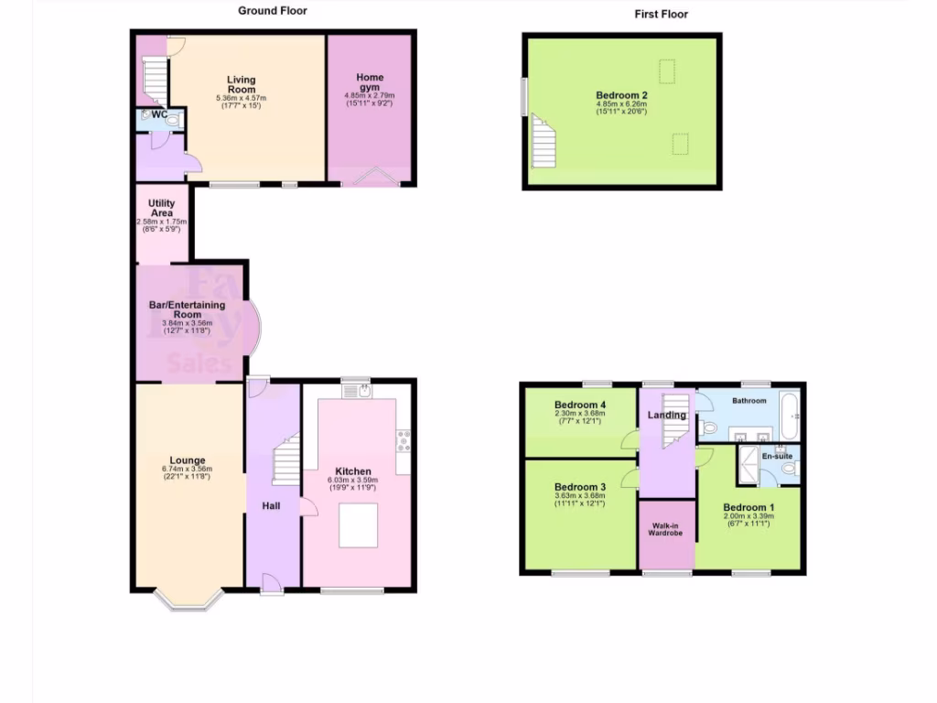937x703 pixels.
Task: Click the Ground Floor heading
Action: (273, 11)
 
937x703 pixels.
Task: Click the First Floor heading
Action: (661, 14)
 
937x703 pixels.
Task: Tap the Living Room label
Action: (242, 85)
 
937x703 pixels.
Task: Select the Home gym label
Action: (370, 82)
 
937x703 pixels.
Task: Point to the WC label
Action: (158, 115)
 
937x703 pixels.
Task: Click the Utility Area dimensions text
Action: (161, 225)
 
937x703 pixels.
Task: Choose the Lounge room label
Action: (188, 460)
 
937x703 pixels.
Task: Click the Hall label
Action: (271, 506)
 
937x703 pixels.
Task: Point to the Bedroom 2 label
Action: (622, 95)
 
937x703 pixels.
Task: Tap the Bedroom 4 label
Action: (580, 405)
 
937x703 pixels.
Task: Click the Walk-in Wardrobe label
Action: (666, 529)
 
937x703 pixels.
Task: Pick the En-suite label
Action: (777, 455)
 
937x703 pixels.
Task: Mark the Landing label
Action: (666, 416)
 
